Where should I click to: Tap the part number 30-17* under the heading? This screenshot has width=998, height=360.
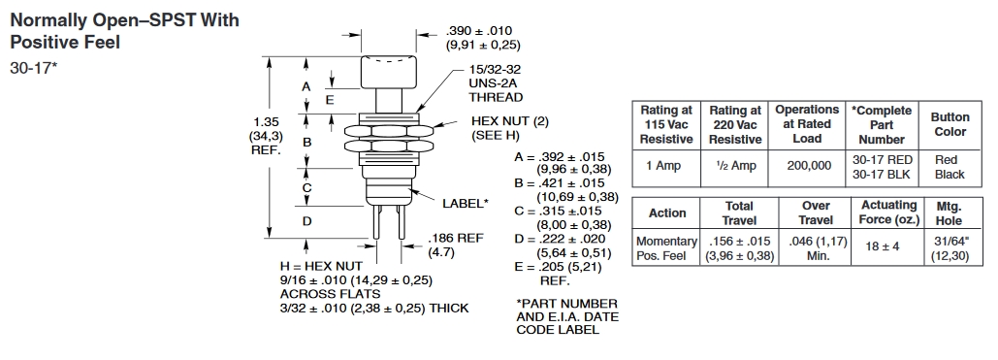[34, 68]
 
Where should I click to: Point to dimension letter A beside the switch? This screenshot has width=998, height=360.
[306, 86]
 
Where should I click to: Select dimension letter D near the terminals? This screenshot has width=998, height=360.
[306, 222]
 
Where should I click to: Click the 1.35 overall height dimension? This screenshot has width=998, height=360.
[266, 121]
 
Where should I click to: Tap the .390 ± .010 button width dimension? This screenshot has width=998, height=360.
[479, 31]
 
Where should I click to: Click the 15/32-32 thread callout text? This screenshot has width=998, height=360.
[495, 70]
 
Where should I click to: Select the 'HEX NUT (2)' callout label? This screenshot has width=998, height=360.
[510, 121]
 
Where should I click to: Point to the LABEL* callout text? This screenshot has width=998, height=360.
[466, 203]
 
